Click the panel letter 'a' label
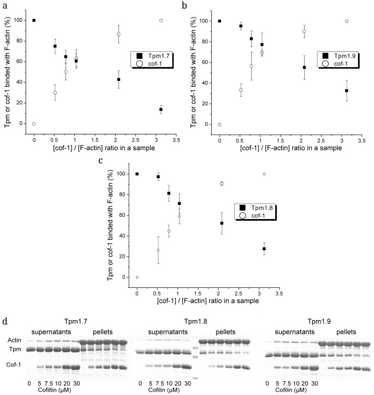click(x=4, y=5)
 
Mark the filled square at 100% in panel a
click(x=34, y=20)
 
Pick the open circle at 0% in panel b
click(x=219, y=125)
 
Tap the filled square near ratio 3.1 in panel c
click(x=264, y=249)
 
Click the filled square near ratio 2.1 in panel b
click(x=304, y=67)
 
